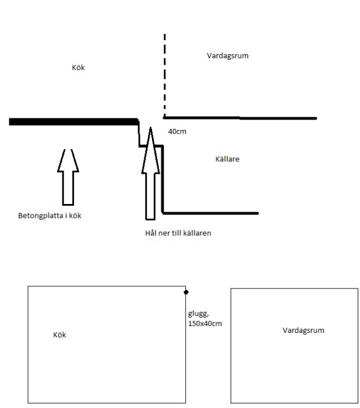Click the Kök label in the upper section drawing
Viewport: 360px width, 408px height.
click(x=78, y=68)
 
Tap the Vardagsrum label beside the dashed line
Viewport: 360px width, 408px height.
click(x=228, y=56)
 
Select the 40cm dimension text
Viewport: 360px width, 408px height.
click(x=177, y=131)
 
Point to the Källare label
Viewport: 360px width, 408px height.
click(x=227, y=159)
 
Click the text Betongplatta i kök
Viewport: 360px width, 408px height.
click(x=50, y=216)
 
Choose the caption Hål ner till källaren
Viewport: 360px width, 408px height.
click(x=178, y=233)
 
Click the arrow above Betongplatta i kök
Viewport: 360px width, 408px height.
click(x=68, y=177)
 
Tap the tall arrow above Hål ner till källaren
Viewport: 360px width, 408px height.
click(x=150, y=173)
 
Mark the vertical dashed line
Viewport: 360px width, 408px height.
click(x=165, y=75)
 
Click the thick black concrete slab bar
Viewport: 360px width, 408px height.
click(x=73, y=122)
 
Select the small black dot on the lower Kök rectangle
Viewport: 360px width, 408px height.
click(x=186, y=292)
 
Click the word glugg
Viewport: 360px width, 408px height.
click(x=198, y=314)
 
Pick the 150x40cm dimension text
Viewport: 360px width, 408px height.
click(x=205, y=323)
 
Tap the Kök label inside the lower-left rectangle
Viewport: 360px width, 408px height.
click(x=59, y=335)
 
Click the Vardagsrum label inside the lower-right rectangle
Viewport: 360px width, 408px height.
click(x=303, y=330)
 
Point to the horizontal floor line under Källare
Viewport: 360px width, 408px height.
click(x=210, y=213)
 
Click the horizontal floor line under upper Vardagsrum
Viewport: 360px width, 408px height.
click(x=240, y=118)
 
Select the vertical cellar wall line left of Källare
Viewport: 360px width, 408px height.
click(x=163, y=179)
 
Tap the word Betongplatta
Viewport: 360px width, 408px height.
click(x=41, y=216)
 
